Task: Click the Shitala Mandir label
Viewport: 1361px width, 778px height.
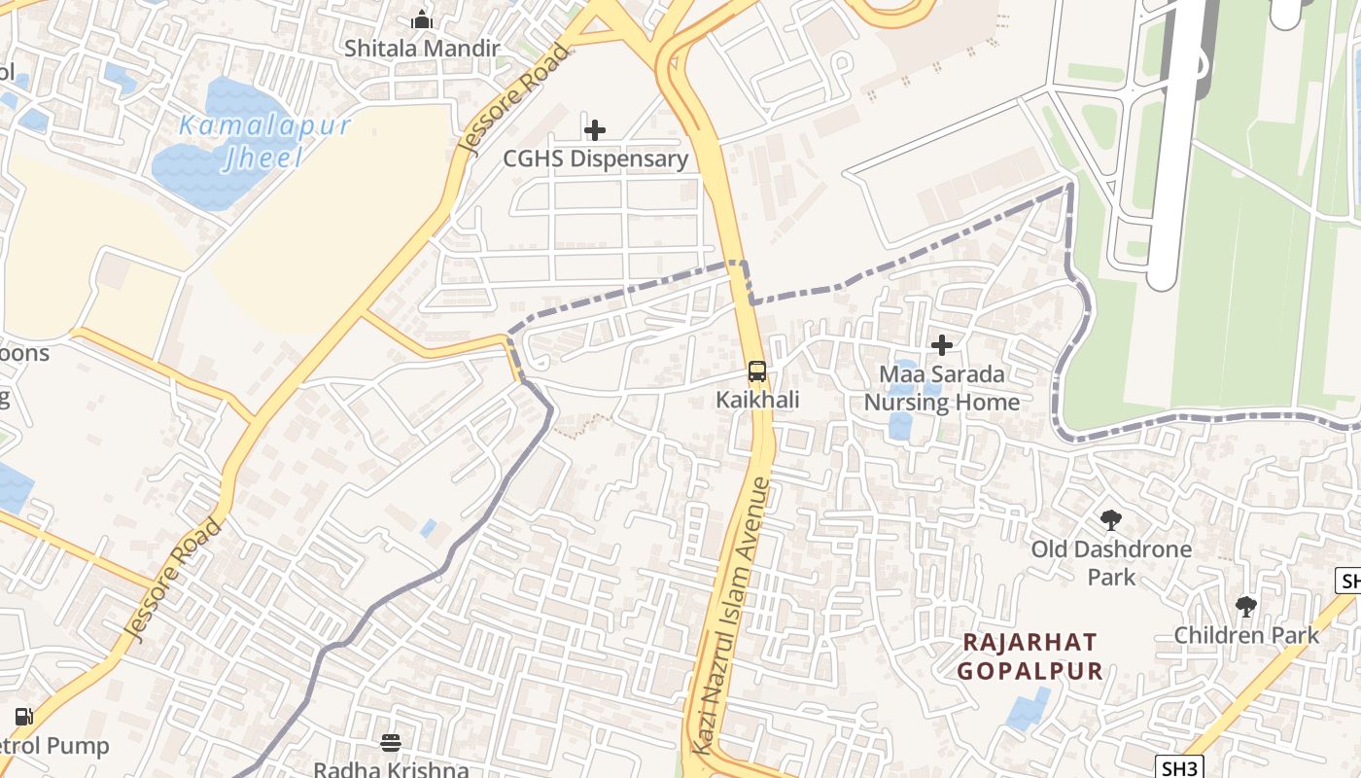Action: coord(422,48)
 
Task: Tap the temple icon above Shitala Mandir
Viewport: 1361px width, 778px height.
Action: coord(421,19)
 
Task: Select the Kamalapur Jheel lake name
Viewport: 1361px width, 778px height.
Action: coord(264,141)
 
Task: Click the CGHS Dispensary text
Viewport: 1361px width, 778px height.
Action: coord(595,159)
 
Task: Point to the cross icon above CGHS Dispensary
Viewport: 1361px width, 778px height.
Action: coord(595,130)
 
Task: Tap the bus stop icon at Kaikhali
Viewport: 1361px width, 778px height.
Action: coord(756,371)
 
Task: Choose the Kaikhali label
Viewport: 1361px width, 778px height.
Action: coord(756,400)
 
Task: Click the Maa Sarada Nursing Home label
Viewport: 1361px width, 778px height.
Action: coord(941,388)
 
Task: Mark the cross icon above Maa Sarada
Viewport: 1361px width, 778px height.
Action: coord(941,345)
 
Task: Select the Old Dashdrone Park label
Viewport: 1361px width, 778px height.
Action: coord(1111,563)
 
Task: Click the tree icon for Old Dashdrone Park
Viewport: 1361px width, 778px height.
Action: coord(1110,520)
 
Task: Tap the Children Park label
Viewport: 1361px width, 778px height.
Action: coord(1246,635)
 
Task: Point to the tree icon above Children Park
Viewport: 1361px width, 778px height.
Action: coord(1245,607)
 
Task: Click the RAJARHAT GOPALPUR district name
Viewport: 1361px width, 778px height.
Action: coord(1029,656)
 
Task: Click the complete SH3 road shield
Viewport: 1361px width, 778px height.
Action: coord(1180,767)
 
